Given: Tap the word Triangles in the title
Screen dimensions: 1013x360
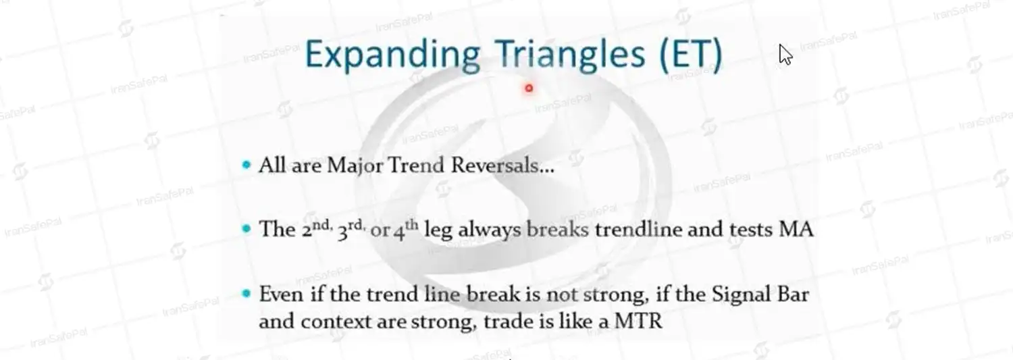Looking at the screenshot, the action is click(570, 53).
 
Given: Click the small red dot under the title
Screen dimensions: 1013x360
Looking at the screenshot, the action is click(529, 88).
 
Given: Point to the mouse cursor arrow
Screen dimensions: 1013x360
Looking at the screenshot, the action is click(785, 54).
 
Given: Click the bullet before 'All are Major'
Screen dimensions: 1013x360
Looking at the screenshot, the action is click(246, 165).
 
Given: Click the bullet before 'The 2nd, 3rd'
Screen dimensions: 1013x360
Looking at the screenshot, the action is click(246, 229).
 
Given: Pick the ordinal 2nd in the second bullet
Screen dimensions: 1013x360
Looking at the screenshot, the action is click(316, 229).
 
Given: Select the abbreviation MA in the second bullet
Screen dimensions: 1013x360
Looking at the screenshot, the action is click(796, 229).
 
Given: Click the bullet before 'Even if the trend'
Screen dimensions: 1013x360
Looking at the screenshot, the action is click(246, 294).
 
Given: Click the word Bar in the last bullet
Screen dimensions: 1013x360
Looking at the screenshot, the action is click(793, 294).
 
